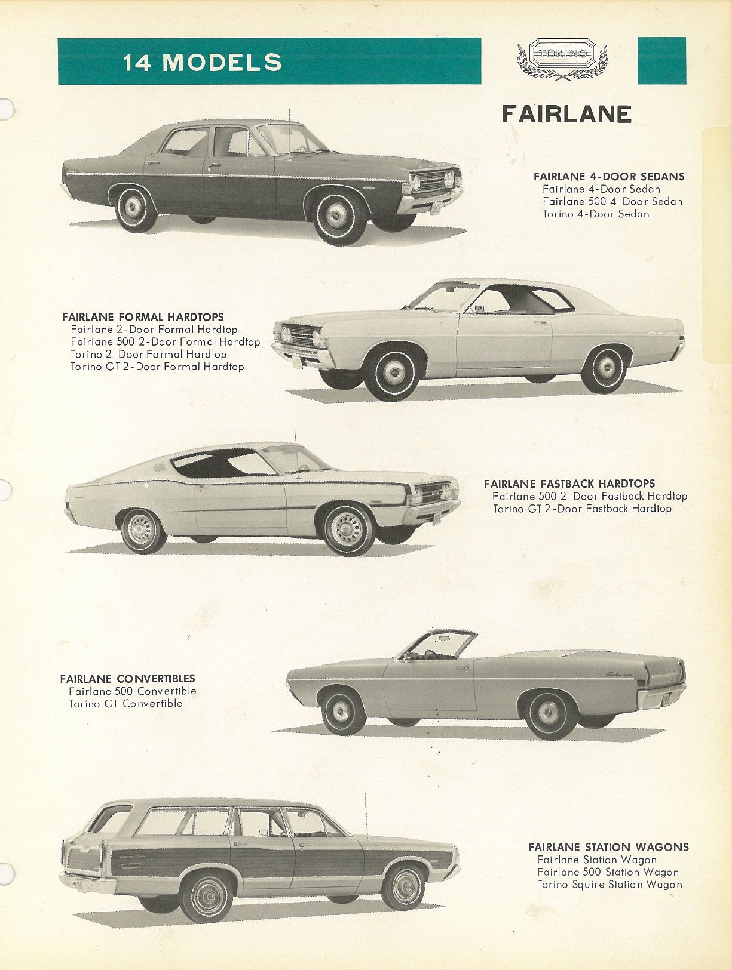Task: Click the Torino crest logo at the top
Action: point(562,59)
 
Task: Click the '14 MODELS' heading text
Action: point(202,62)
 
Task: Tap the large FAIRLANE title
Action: point(566,115)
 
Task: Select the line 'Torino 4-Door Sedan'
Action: point(596,214)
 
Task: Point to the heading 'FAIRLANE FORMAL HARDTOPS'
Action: point(143,317)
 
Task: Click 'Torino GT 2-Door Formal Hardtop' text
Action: point(157,367)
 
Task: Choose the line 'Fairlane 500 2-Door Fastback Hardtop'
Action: point(590,496)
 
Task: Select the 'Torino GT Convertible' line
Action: point(125,703)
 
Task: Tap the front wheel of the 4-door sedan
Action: point(339,217)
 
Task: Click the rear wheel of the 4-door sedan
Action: point(135,208)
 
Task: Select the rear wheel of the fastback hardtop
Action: point(143,531)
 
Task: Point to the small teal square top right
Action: point(661,60)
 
